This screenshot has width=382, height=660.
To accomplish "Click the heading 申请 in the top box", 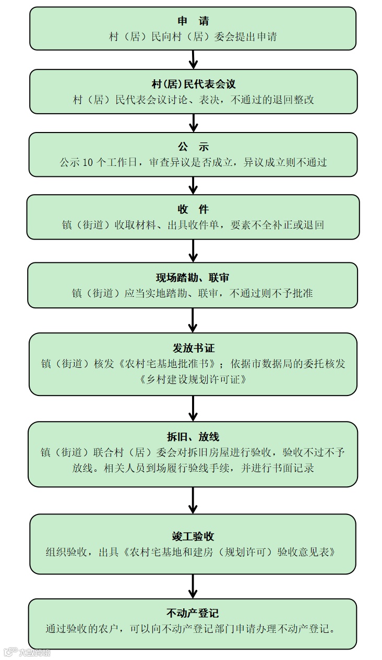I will coord(193,21).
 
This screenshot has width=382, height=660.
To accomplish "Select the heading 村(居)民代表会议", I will coord(194,85).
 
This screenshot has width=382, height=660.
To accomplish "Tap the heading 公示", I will coord(193,147).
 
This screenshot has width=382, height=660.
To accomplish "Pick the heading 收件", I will coord(193,210).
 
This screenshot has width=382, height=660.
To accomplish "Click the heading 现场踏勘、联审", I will coord(193,278).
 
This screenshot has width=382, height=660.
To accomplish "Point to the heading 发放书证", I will coord(194,348).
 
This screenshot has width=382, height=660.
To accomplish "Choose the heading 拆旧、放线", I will coord(193,437).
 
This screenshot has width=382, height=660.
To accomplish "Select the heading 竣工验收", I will coord(193,536).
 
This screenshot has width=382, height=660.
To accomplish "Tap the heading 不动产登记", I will coord(193,613).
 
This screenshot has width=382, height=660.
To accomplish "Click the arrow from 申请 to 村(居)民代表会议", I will coord(193,60).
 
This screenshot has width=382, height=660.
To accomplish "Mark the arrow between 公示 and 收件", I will coord(193,185).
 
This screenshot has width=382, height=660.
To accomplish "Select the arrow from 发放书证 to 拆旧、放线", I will coord(193,408).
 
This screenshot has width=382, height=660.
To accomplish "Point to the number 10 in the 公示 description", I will coord(88,162).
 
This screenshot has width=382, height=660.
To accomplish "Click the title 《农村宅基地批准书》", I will coord(169,364).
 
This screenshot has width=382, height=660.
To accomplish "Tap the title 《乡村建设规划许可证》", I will coord(193,379).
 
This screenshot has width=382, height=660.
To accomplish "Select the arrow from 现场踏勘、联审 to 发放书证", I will coord(193,320).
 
